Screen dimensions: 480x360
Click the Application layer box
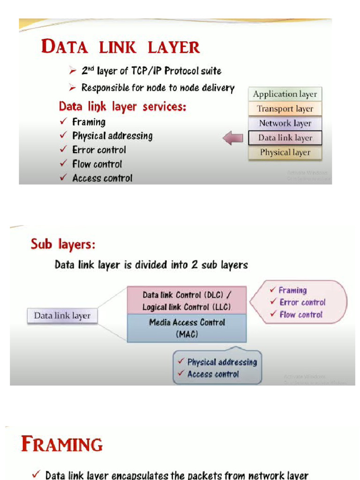tap(285, 94)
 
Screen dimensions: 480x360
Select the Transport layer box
tap(285, 109)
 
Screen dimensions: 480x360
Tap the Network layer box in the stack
tap(285, 123)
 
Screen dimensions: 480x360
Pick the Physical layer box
tap(285, 152)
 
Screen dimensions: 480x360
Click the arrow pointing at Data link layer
tap(232, 138)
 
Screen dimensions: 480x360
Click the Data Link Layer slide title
tap(120, 47)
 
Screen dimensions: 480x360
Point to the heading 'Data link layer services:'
tap(122, 107)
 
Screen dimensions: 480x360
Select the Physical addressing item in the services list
tap(112, 136)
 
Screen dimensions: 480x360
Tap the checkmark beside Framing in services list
tap(63, 122)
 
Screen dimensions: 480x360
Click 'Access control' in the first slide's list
tap(102, 178)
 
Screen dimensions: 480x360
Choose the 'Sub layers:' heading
tap(63, 244)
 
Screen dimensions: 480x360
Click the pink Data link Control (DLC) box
tap(187, 301)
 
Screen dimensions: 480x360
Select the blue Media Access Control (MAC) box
tap(187, 328)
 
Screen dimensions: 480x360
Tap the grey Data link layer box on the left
tap(62, 315)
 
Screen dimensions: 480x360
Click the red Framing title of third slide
tap(62, 444)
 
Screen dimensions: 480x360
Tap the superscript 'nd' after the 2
tap(91, 68)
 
